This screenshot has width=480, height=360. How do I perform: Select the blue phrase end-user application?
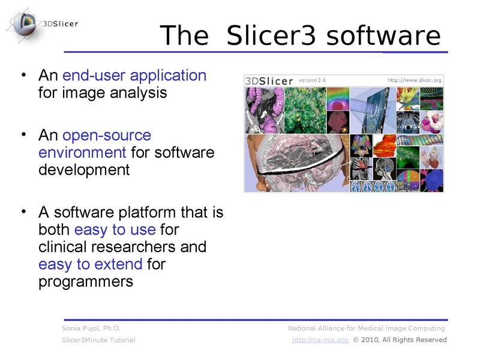134,76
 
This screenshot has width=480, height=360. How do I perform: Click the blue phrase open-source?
107,135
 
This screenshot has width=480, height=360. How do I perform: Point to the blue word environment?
82,152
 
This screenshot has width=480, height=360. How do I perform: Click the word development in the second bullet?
84,170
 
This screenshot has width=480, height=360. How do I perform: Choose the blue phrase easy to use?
115,230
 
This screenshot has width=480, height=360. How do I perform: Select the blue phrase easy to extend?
90,264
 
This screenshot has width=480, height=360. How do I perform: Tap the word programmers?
86,281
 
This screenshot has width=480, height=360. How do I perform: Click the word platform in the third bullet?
143,212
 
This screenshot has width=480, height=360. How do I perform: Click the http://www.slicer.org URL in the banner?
415,80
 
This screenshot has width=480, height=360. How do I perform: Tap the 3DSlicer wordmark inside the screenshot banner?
270,80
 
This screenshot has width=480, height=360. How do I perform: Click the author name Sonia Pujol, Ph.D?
91,328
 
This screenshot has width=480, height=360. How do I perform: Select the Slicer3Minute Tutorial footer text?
98,340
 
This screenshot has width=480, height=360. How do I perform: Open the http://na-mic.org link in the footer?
321,340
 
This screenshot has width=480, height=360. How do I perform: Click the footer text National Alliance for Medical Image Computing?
366,328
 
